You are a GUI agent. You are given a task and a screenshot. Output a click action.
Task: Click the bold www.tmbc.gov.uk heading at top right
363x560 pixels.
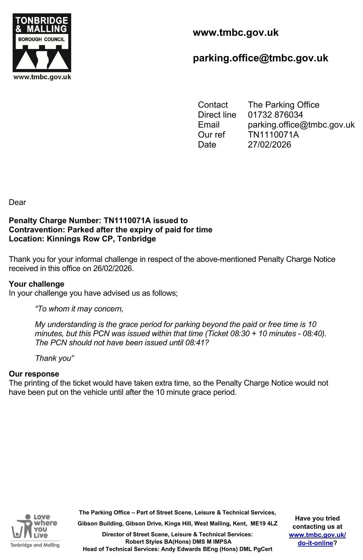tap(235, 33)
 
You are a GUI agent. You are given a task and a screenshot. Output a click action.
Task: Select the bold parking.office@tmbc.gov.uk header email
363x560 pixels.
tap(260, 58)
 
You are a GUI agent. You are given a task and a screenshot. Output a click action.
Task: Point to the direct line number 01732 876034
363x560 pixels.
tap(275, 115)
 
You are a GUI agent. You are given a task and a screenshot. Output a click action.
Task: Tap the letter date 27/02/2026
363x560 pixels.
tap(269, 144)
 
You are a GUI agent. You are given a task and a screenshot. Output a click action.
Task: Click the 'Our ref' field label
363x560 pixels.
tap(211, 134)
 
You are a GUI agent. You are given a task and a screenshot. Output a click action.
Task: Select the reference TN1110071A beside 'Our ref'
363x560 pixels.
tap(273, 134)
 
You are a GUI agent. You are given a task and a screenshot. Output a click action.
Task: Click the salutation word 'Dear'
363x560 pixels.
tap(17, 202)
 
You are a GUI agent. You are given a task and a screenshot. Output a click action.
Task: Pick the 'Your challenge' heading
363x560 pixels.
tap(37, 284)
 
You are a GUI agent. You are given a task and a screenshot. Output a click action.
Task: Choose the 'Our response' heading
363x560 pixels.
tap(34, 374)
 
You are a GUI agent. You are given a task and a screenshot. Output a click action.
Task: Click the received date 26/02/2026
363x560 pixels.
tap(113, 268)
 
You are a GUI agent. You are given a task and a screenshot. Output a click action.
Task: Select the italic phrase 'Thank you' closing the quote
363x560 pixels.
tap(54, 358)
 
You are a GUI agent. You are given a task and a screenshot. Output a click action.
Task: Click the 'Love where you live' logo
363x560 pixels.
tap(35, 530)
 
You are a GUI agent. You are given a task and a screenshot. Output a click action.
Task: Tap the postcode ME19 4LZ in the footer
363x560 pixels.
tap(264, 523)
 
